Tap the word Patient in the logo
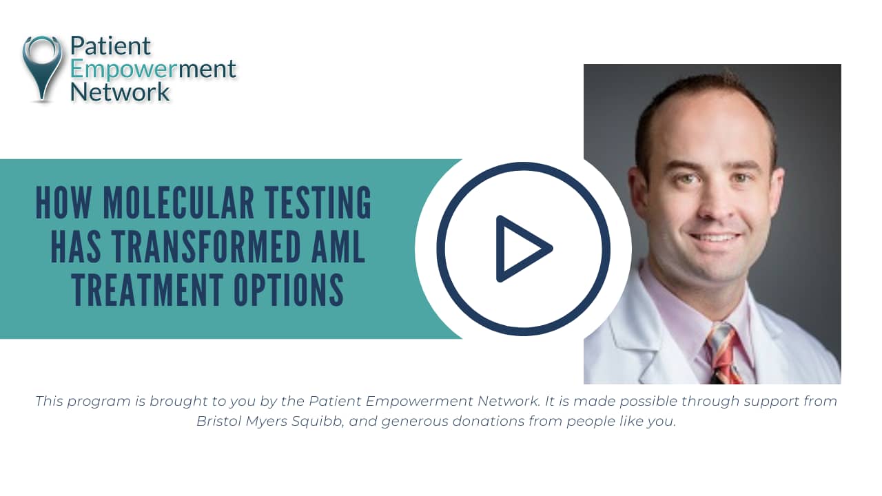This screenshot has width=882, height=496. (110, 47)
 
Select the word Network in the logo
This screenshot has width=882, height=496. (120, 92)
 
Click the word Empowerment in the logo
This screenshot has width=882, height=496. (153, 69)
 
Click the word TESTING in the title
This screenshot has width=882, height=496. (322, 205)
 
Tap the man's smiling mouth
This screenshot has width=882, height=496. (713, 238)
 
